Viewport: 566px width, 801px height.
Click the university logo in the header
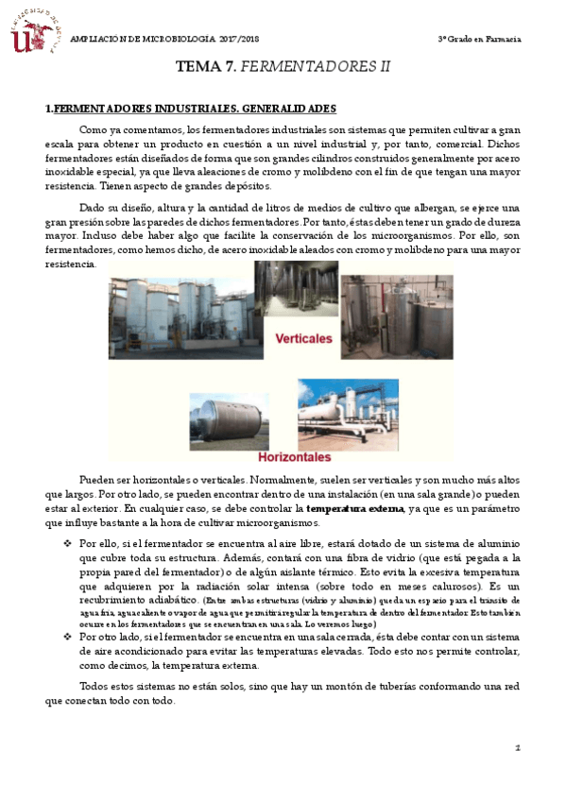point(34,31)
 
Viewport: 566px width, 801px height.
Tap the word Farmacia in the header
point(502,39)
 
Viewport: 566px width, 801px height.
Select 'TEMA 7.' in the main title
point(204,68)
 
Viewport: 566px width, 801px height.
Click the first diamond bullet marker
point(67,544)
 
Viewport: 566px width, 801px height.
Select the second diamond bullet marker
point(67,637)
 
